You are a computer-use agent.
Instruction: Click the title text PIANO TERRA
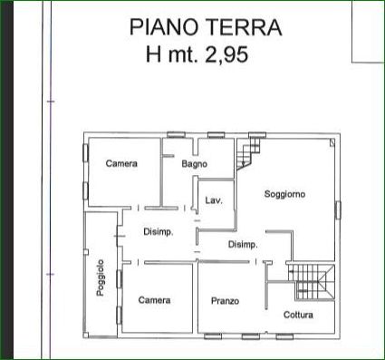tap(206, 27)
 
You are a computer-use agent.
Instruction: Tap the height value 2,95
tap(226, 54)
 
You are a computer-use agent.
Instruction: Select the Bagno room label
tap(195, 164)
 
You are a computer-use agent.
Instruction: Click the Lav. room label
tap(214, 200)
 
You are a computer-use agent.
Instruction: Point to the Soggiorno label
tap(284, 194)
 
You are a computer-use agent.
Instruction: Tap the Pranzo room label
tap(225, 301)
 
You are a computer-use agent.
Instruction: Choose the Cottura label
tap(298, 315)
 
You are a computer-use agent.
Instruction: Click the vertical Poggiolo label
tap(101, 277)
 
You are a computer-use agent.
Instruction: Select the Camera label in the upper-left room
tap(121, 163)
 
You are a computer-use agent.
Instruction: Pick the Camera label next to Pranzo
tap(154, 300)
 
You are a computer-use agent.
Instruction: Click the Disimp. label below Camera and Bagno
tap(159, 232)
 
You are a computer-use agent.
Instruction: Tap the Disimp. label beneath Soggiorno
tap(243, 244)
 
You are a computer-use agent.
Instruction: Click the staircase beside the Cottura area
tap(311, 282)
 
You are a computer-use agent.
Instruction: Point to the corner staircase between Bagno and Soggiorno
tap(247, 154)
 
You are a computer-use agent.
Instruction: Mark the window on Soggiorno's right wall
tap(338, 209)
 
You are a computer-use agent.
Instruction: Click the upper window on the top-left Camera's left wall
tap(85, 152)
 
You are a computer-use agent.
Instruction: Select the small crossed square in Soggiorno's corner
tap(332, 142)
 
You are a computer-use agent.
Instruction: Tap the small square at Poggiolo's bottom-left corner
tap(86, 335)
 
